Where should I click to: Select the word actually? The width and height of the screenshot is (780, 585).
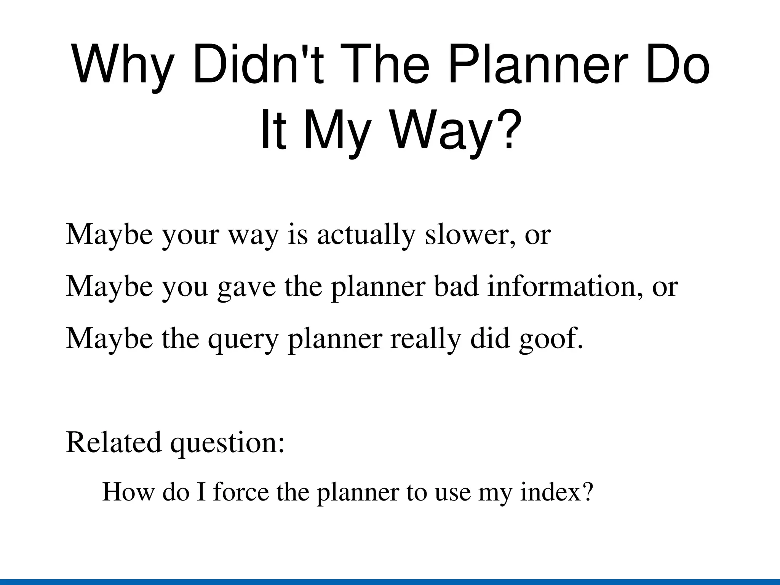[366, 235]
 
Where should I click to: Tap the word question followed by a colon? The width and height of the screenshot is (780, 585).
[226, 443]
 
